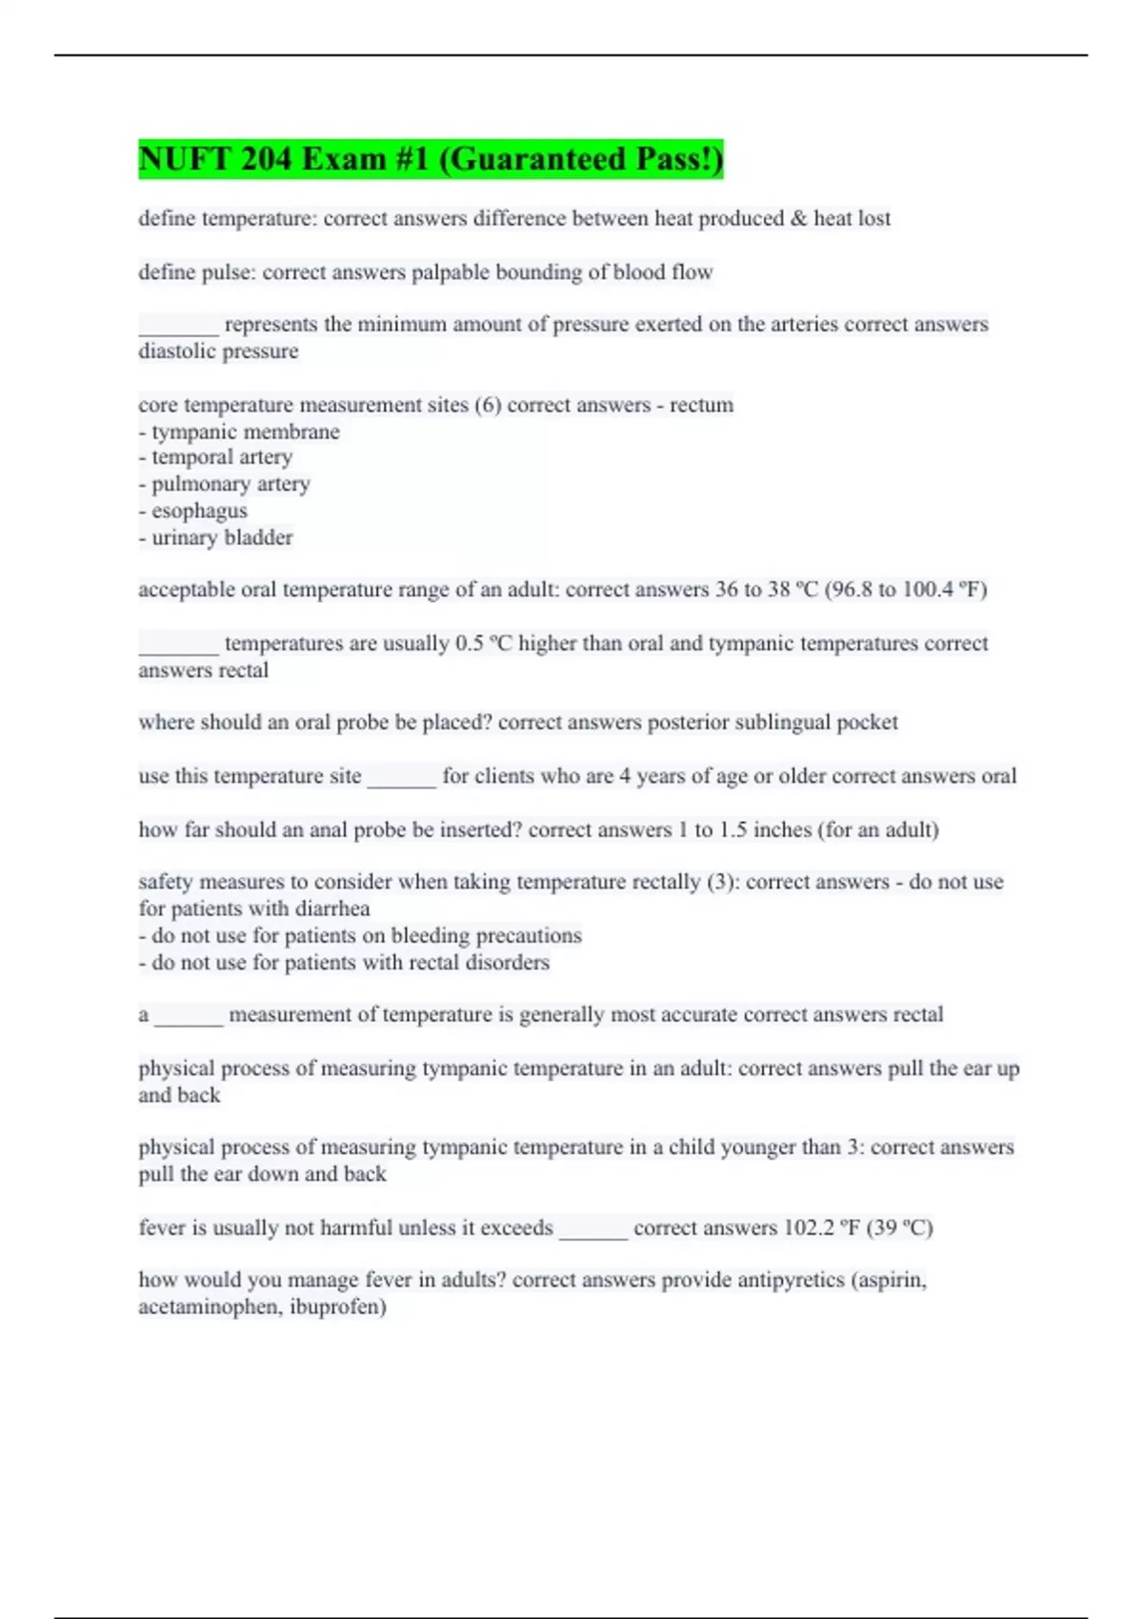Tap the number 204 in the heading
[x=267, y=159]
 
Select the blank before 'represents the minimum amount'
[x=178, y=327]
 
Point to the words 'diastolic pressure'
[x=218, y=351]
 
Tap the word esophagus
[x=199, y=511]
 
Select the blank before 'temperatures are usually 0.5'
[x=178, y=646]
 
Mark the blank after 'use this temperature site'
[x=401, y=778]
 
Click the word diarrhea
[x=332, y=909]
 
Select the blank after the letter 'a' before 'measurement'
[x=189, y=1017]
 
